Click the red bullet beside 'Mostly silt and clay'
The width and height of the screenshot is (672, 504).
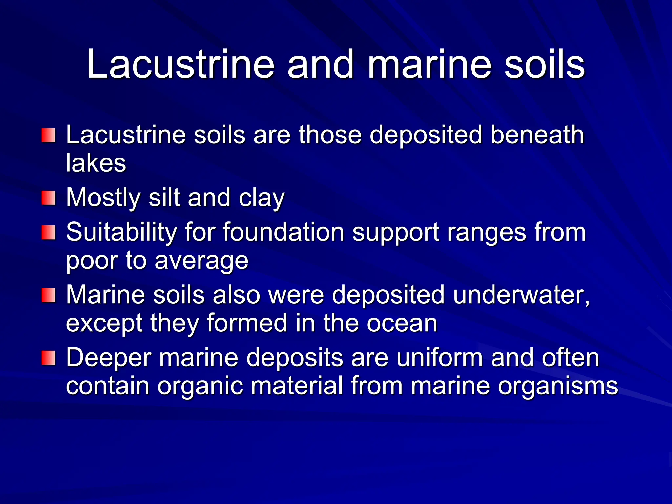(48, 198)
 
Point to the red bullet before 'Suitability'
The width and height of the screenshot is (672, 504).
(48, 232)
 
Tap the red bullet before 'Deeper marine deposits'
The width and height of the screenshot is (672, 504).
(48, 358)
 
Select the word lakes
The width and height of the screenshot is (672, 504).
(96, 163)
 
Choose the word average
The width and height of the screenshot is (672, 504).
(201, 261)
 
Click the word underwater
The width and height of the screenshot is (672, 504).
(521, 295)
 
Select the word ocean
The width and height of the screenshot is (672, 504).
(402, 324)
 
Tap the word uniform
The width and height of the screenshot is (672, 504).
(439, 358)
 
